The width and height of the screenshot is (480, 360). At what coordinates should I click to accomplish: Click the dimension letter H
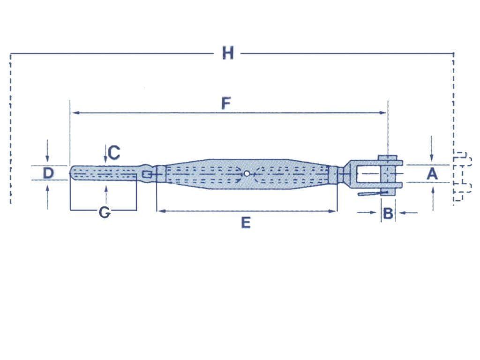click(228, 53)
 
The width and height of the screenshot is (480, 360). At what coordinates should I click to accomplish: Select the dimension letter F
click(226, 104)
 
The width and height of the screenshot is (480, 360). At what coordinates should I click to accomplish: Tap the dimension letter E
click(246, 223)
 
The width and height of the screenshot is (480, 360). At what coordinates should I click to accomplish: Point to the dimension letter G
click(105, 213)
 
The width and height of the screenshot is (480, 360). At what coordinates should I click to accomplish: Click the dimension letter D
click(48, 173)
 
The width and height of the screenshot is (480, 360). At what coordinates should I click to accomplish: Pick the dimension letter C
click(114, 152)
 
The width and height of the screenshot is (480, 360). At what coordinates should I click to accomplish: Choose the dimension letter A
click(432, 174)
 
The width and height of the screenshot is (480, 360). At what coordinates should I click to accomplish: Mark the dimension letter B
click(388, 214)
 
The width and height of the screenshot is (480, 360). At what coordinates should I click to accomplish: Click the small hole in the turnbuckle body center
click(247, 173)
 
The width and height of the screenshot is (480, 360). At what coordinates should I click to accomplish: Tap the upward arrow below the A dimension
click(432, 190)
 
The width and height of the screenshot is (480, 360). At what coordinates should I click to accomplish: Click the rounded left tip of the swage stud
click(72, 172)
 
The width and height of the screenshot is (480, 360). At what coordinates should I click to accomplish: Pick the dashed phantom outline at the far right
click(462, 178)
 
